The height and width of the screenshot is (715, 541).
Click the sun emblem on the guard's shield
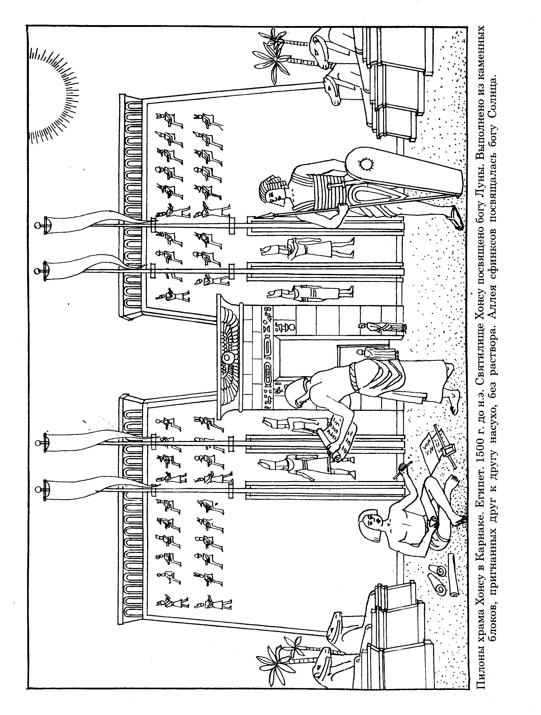[366, 165]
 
